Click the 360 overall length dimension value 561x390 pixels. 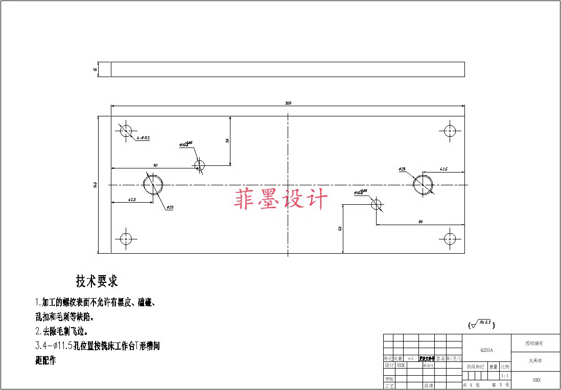point(288,104)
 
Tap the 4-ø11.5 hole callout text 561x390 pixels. point(143,138)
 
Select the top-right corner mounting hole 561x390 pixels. point(450,130)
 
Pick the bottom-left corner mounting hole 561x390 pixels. point(126,238)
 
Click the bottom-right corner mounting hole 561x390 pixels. point(450,238)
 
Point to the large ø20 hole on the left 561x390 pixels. point(153,185)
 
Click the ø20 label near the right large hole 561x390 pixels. point(402,169)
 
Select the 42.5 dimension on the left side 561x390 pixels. point(131,200)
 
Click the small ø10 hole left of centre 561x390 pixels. point(199,165)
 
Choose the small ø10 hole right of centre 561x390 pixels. point(377,205)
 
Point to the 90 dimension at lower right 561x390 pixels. point(420,222)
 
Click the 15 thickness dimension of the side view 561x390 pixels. point(96,69)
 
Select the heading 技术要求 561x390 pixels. point(97,281)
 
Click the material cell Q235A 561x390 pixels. point(486,350)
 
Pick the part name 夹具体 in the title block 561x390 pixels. point(535,360)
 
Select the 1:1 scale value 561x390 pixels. point(505,375)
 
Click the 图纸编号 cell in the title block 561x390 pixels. point(535,344)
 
